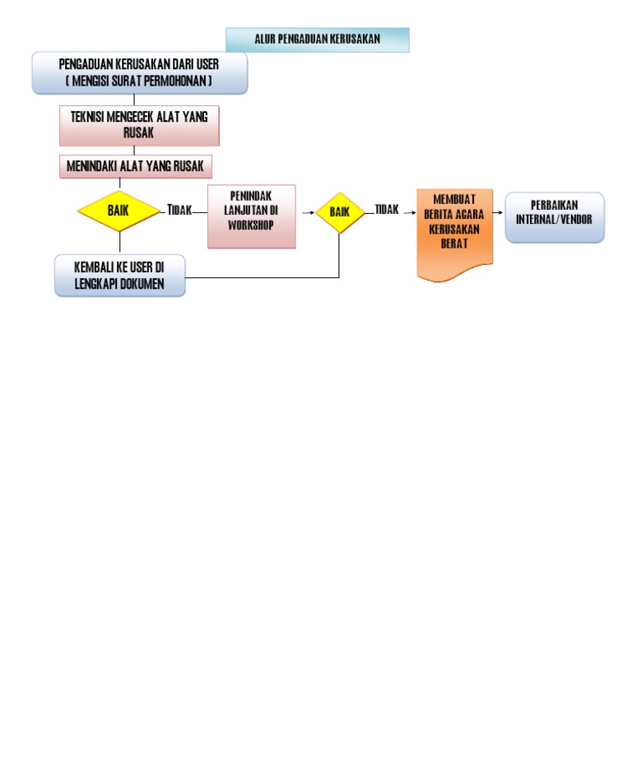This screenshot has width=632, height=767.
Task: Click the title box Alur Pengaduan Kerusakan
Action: coord(317,40)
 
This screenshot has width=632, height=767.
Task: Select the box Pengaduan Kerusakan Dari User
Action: coord(139,73)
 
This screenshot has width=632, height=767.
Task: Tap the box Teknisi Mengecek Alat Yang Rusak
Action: coord(139,125)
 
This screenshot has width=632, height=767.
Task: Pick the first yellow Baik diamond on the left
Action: coord(118,211)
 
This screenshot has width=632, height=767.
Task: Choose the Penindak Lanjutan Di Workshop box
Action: coord(251,216)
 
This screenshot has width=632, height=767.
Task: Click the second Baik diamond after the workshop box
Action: coord(340,212)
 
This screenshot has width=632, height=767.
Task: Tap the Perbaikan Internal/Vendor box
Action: coord(554,216)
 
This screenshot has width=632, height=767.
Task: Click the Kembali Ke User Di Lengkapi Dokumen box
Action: coord(119,275)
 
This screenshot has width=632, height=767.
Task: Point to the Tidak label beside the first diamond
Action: coord(179,211)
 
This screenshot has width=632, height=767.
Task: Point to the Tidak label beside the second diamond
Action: coord(387,210)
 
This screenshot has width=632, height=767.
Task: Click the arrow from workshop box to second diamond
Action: coord(306,212)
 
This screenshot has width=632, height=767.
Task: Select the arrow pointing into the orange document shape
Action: coord(409,212)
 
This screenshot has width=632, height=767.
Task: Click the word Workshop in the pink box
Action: coord(251,225)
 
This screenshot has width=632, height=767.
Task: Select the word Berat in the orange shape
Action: coord(454,244)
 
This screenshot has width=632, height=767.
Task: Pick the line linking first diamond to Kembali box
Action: coord(119,242)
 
